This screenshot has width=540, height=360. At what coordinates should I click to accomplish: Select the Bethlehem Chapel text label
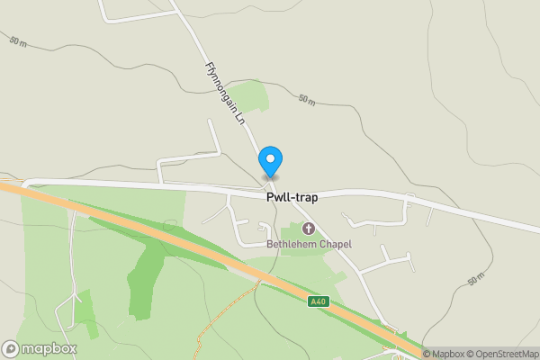pos(309,244)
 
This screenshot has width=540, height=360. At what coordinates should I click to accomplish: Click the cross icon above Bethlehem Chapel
pos(308,229)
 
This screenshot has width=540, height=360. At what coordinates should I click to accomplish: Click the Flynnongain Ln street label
pos(225,92)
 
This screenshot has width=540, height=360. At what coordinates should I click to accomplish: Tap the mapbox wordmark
pos(49,348)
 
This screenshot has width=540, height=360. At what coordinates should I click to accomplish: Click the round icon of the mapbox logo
pos(11,348)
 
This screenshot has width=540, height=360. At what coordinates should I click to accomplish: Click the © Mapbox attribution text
pos(441,354)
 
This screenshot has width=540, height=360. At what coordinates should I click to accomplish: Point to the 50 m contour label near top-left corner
pos(19,41)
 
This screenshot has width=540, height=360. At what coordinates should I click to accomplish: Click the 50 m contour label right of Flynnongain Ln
pos(307,100)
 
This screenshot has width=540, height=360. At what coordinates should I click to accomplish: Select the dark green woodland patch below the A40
pos(144,274)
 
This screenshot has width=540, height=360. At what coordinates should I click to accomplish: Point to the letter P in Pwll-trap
pos(270,196)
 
